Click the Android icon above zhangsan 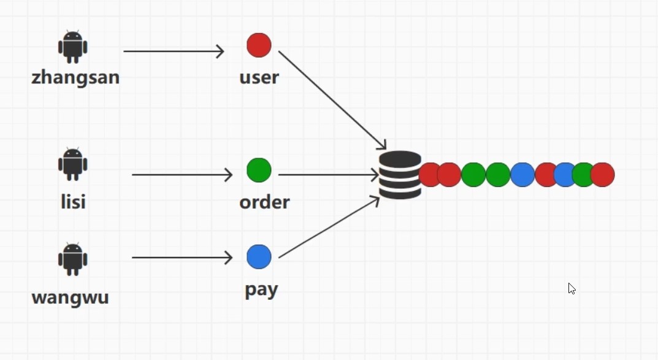coord(73,47)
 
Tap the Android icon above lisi coord(73,164)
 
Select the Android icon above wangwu coord(73,259)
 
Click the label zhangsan coord(75,78)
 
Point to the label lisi coord(73,201)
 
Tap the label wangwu coord(70,297)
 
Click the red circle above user coord(259,45)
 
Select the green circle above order coord(259,170)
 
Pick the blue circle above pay coord(259,257)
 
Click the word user coord(259,78)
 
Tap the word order coord(264,202)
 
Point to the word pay coord(261,289)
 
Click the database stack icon coord(400,175)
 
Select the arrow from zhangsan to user coord(174,52)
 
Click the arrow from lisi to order coord(182,175)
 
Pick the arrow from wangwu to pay coord(182,258)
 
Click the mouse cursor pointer coord(572,289)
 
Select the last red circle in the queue coord(603,175)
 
